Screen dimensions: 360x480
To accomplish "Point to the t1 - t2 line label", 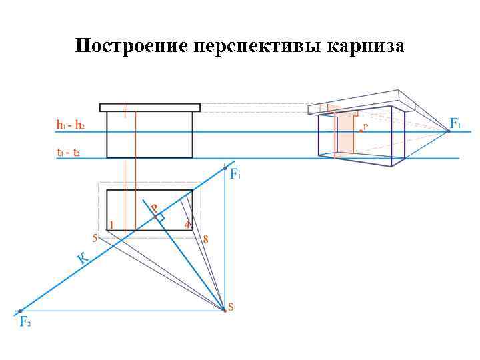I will [69, 152].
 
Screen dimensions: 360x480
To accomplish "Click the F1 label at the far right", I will [457, 123].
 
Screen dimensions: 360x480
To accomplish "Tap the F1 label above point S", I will [235, 175].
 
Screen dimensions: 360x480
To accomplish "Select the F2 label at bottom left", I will [25, 322].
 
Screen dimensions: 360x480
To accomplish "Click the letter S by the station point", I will [231, 307].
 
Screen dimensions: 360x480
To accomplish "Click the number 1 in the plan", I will [111, 224].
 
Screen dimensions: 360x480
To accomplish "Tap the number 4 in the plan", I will [187, 224].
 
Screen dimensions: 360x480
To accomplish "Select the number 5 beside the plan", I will [95, 238].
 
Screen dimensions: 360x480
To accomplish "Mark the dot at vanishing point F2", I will [20, 311].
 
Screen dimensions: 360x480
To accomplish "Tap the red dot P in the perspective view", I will [361, 131].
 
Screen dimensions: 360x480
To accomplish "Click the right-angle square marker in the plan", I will [160, 217].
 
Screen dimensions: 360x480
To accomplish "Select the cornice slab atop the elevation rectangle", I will [150, 107].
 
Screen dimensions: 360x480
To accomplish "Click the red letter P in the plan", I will [154, 209].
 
